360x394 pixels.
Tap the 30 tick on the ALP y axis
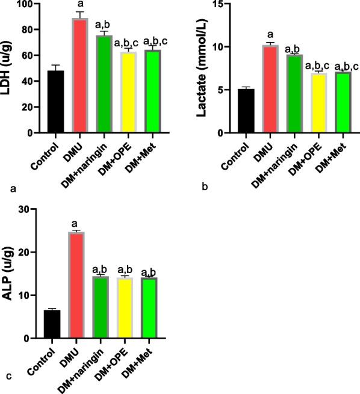click(x=33, y=209)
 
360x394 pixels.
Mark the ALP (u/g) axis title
click(x=9, y=274)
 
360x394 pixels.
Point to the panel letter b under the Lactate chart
click(x=205, y=188)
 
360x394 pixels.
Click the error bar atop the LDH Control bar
click(x=56, y=66)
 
